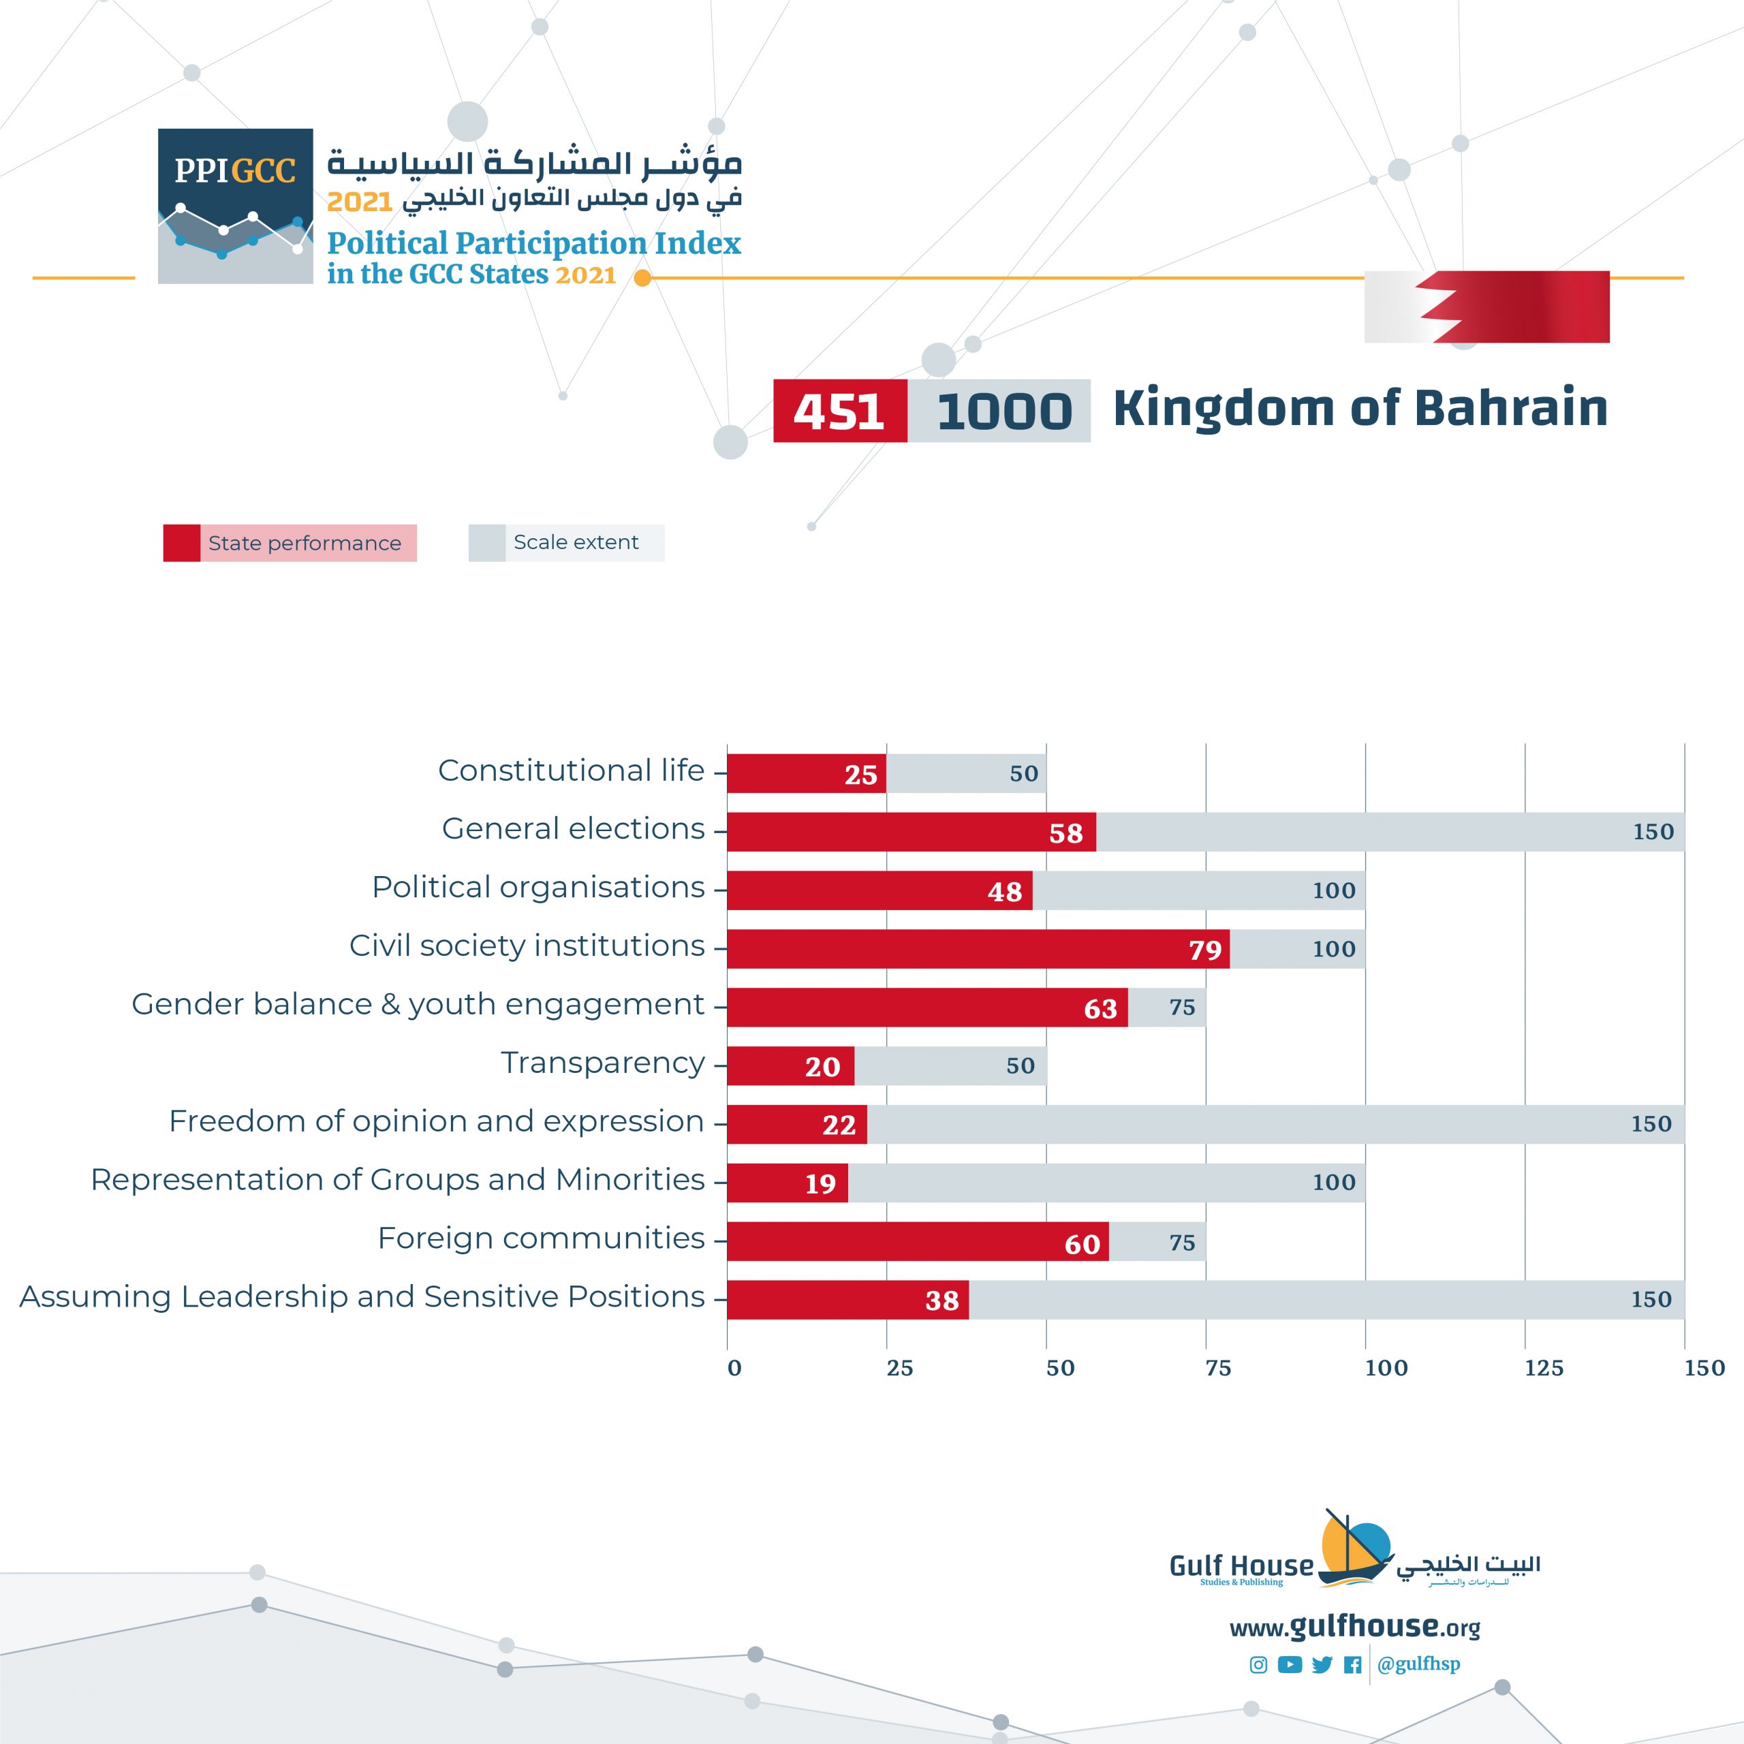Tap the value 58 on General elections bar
pos(1065,833)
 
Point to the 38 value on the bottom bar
pos(941,1300)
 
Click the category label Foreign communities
pos(541,1239)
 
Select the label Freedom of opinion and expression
pos(436,1121)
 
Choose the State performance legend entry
pos(290,542)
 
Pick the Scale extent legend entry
pos(566,542)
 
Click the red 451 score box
pos(839,411)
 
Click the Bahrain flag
pos(1486,307)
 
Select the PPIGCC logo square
pos(236,206)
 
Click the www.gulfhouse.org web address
pos(1354,1628)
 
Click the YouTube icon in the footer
pos(1290,1664)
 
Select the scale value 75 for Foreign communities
pos(1181,1243)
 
